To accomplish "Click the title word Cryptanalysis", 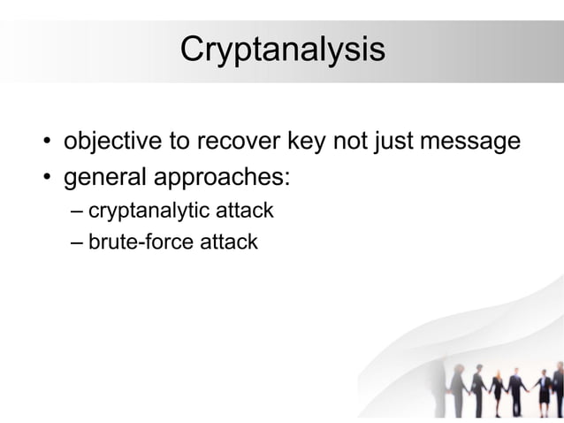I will [x=282, y=50].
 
